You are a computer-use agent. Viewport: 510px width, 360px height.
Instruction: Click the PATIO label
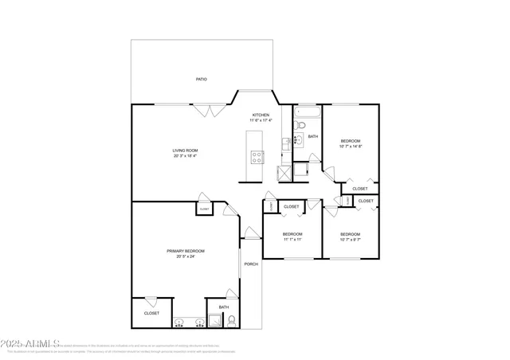click(202, 80)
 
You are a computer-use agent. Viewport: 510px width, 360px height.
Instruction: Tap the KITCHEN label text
click(261, 115)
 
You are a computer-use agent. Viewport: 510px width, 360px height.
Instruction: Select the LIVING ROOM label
click(185, 151)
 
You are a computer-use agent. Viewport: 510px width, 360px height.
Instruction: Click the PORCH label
click(251, 264)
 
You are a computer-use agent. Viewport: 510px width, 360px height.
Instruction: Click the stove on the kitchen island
click(257, 157)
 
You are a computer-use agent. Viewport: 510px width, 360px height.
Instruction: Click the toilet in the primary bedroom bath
click(230, 322)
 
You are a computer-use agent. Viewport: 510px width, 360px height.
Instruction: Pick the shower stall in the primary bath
click(214, 322)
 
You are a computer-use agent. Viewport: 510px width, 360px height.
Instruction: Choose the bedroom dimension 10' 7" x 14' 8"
click(351, 147)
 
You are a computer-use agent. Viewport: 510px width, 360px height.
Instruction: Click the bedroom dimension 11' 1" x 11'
click(292, 239)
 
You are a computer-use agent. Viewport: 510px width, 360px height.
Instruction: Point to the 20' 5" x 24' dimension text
click(181, 256)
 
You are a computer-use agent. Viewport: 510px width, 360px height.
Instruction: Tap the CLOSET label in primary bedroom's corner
click(151, 313)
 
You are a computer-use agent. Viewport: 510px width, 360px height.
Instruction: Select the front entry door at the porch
click(251, 233)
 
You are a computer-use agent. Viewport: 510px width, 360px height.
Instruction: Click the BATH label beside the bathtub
click(313, 136)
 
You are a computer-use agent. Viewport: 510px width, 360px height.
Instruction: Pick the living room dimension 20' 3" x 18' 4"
click(185, 156)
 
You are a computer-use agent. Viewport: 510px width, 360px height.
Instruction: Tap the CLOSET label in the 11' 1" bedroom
click(292, 206)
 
